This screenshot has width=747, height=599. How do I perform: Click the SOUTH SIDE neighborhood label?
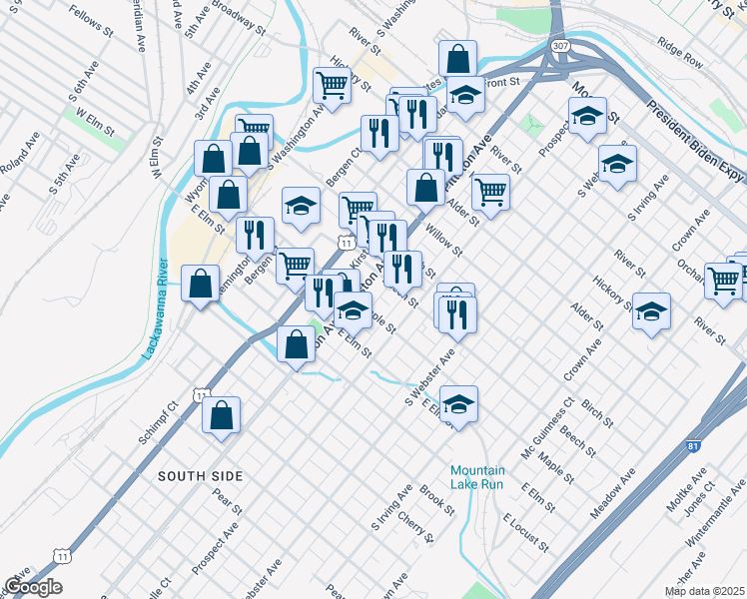200,477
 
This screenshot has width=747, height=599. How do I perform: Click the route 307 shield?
562,46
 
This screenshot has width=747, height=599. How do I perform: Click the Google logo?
33,587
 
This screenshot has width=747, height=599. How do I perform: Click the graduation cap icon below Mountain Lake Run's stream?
458,403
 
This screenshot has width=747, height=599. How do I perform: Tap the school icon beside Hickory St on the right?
651,311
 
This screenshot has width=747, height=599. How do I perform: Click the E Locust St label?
526,533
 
